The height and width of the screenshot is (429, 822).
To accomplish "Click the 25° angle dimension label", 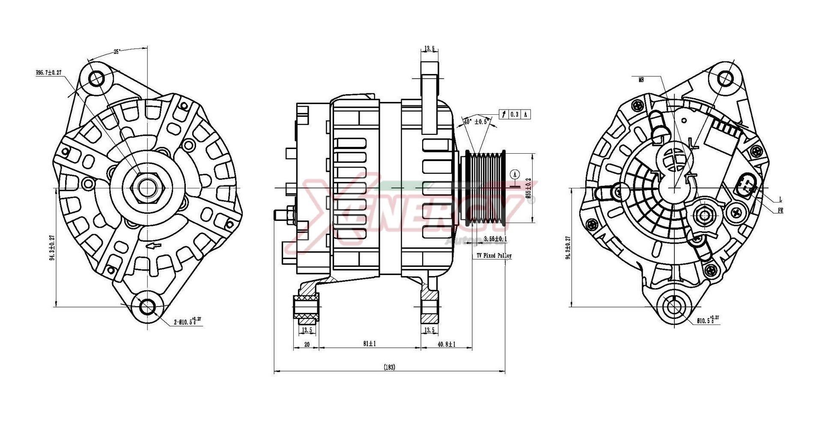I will [x=116, y=52].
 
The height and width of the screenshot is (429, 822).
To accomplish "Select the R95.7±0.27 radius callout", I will [x=49, y=73].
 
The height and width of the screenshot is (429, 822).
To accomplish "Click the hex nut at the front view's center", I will [x=147, y=188].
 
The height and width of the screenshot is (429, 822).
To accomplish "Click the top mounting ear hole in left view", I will [x=97, y=79].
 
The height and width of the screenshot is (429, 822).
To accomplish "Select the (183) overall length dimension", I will [x=389, y=367].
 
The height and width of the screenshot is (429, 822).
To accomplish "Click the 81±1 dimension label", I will [x=369, y=344].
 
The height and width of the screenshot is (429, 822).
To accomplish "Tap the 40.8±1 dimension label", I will [x=446, y=344].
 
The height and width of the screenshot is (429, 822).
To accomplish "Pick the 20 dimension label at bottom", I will [x=307, y=344].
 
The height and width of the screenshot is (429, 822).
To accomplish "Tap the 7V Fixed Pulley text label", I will [x=494, y=256].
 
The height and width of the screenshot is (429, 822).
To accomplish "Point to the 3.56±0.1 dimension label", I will [x=495, y=238].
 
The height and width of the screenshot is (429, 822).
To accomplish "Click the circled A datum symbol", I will [x=515, y=174].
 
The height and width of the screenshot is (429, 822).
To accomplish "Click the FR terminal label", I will [x=780, y=211].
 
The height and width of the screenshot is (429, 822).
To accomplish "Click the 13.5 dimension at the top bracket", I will [x=430, y=49].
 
